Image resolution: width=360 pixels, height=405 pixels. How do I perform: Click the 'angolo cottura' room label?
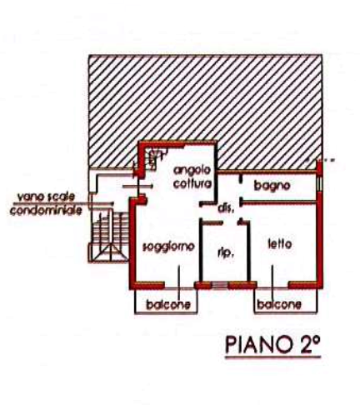pos(192,177)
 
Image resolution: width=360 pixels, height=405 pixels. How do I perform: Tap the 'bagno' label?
pos(272,186)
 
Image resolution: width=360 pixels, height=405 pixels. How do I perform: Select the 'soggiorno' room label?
pos(168,247)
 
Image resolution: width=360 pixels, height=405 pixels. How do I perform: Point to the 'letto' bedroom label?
pos(280,244)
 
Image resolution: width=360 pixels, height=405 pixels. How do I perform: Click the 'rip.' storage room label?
pos(225,253)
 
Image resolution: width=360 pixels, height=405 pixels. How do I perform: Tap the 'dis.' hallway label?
pos(225,208)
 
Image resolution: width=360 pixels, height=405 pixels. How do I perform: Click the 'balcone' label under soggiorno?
pos(168,305)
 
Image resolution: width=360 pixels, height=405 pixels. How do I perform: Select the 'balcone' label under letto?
pos(279,304)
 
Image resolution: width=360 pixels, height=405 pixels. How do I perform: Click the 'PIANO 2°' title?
pos(272,344)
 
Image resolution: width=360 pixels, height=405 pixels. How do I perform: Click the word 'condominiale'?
pos(46,210)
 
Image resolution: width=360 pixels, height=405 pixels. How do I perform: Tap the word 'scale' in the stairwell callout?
pos(62,197)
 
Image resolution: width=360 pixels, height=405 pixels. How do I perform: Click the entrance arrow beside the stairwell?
pos(137,187)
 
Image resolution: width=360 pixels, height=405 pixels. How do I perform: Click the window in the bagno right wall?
pos(320,183)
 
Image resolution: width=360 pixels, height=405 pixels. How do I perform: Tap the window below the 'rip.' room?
pos(219,285)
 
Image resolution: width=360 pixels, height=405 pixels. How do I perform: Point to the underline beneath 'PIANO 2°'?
pos(273,357)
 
